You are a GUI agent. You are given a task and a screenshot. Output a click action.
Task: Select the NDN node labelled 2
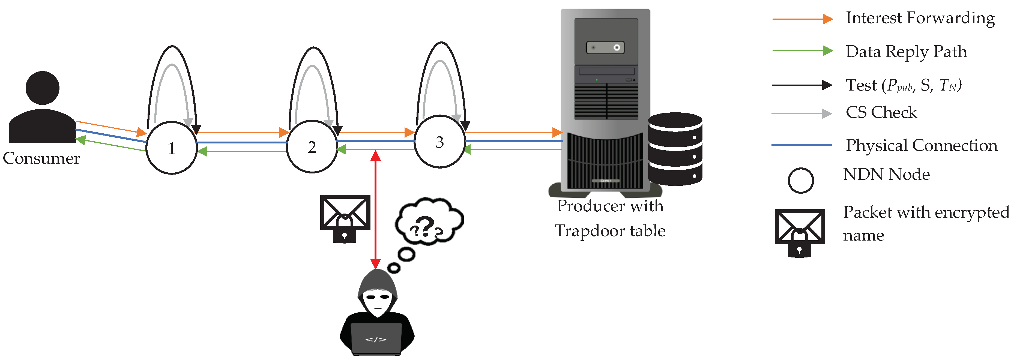pos(312,147)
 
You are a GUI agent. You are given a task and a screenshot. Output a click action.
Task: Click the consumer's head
pos(43,88)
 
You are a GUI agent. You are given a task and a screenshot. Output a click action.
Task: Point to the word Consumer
pos(41,158)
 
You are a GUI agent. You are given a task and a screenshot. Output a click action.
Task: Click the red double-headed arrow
pos(376,209)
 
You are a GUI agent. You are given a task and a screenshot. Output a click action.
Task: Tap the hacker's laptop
pos(376,338)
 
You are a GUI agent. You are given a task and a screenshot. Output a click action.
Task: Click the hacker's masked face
pos(378,301)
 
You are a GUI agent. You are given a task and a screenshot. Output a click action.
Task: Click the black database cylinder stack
pos(675,149)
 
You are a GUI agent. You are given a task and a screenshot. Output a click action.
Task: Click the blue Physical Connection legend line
pos(801,145)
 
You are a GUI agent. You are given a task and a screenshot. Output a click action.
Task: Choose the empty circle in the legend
pos(801,181)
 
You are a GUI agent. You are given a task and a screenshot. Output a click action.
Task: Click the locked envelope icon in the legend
pos(800,232)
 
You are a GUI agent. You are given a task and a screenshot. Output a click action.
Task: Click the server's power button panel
pos(605,48)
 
